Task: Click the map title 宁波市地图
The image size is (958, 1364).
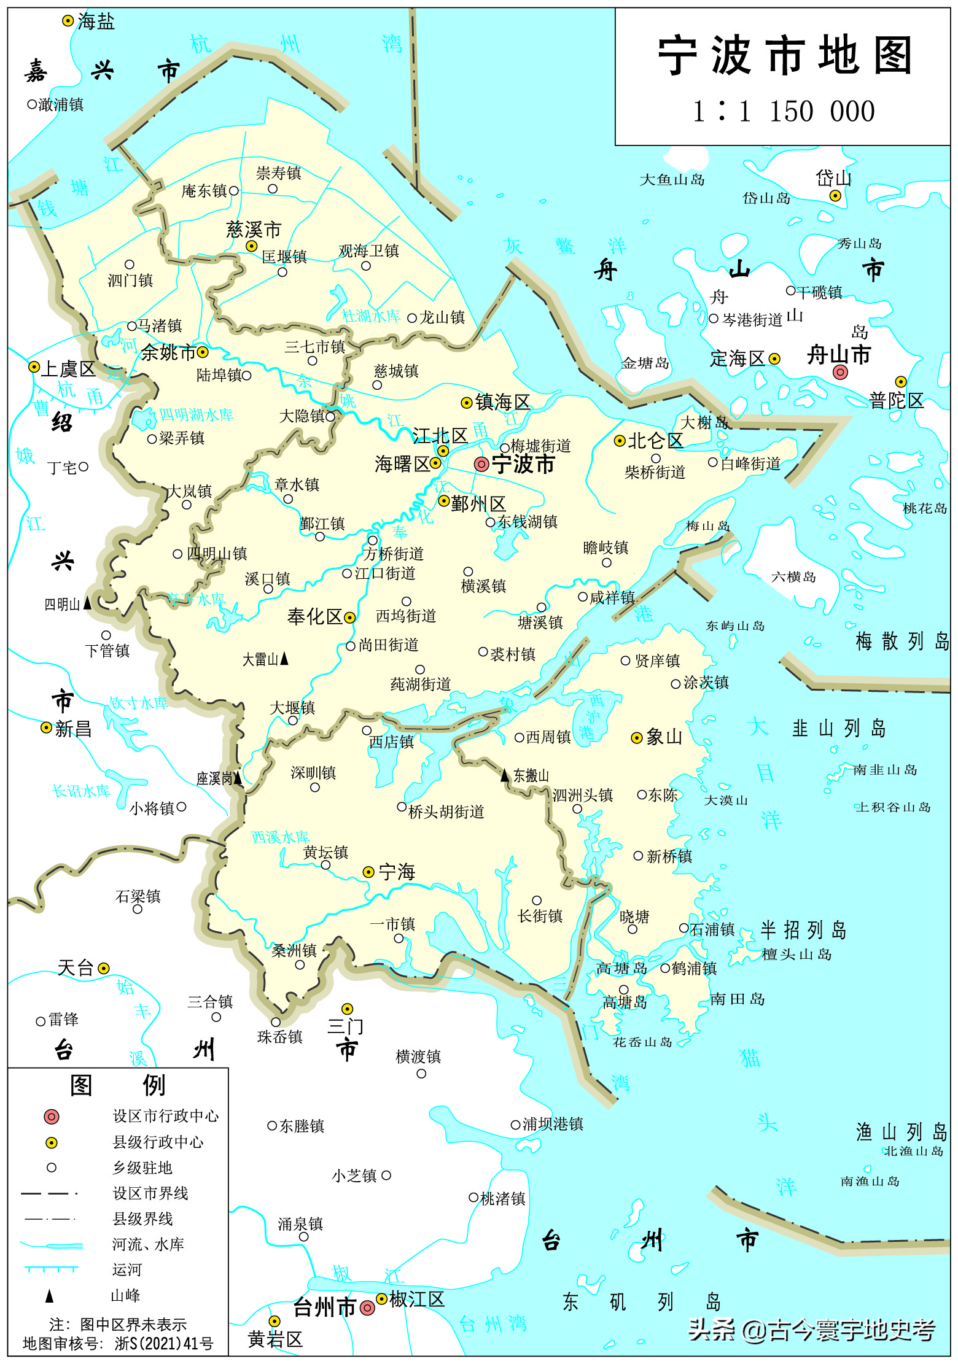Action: [785, 55]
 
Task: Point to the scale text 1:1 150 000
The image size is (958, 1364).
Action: [784, 112]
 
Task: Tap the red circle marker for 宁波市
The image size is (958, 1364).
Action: [481, 464]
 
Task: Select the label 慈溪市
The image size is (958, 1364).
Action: [254, 230]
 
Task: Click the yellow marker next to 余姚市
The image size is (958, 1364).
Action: [203, 352]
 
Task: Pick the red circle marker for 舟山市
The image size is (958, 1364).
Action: [840, 371]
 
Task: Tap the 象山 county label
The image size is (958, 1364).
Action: [664, 737]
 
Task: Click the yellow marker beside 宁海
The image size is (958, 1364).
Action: [368, 872]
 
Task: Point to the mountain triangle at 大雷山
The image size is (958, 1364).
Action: [284, 659]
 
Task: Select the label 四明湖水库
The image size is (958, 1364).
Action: [196, 415]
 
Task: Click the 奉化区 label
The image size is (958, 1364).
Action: [314, 616]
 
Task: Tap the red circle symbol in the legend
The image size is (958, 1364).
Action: [52, 1117]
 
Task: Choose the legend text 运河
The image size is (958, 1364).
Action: [127, 1269]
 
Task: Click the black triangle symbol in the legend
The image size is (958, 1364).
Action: [50, 1296]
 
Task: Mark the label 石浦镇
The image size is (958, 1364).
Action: [712, 929]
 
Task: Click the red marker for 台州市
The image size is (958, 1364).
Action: [367, 1308]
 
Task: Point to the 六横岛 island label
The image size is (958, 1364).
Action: [793, 577]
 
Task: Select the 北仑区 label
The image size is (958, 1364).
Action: [655, 440]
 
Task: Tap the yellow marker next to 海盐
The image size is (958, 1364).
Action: [68, 21]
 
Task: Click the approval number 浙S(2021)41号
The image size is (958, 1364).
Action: [164, 1344]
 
